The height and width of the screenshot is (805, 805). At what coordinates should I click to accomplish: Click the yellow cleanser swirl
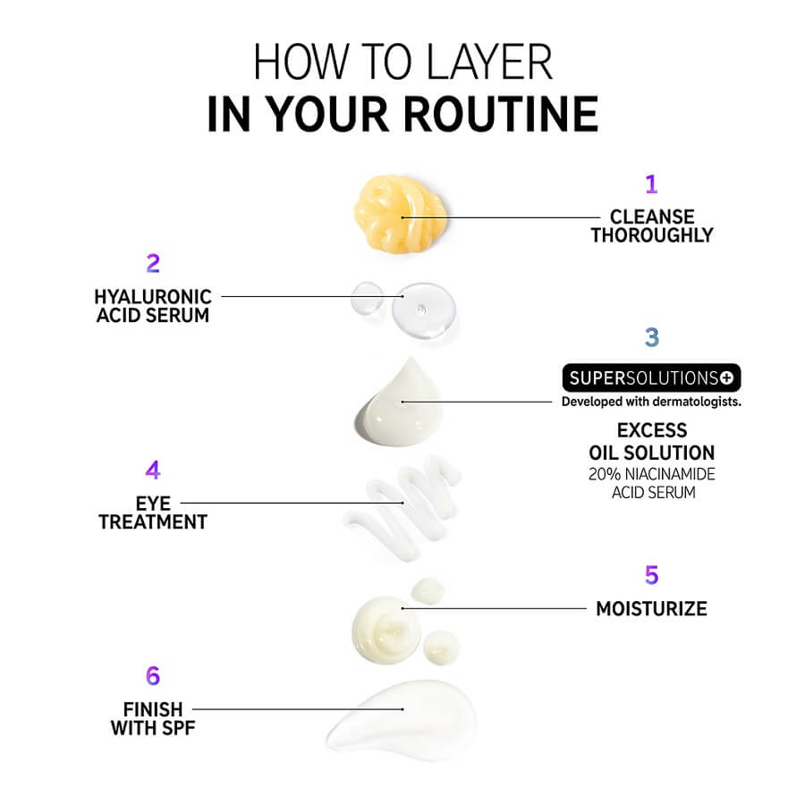(x=400, y=214)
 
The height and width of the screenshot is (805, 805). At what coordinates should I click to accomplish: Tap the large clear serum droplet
(x=424, y=310)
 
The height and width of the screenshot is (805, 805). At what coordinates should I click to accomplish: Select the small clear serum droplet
(x=367, y=298)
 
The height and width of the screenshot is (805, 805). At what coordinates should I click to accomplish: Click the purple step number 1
(x=651, y=184)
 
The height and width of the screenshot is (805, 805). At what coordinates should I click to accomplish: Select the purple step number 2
(x=153, y=264)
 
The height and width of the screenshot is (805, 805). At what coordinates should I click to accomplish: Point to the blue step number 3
(x=652, y=337)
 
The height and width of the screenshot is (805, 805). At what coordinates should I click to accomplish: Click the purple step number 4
(x=153, y=470)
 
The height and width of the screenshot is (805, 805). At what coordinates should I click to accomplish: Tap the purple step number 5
(x=651, y=575)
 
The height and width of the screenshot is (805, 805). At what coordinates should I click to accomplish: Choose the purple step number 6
(x=153, y=676)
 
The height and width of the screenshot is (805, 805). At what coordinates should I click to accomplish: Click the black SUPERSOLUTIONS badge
(x=651, y=377)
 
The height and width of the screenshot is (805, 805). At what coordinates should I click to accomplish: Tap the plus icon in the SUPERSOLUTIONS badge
(x=726, y=377)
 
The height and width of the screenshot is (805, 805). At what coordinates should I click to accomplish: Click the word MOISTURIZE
(x=651, y=609)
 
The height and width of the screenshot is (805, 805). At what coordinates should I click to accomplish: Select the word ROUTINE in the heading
(x=501, y=114)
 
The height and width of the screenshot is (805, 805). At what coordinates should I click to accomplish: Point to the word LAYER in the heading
(x=489, y=62)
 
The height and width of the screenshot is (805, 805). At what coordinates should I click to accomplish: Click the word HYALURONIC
(x=153, y=297)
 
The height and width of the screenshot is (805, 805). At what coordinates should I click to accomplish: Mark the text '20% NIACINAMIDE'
(x=651, y=474)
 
